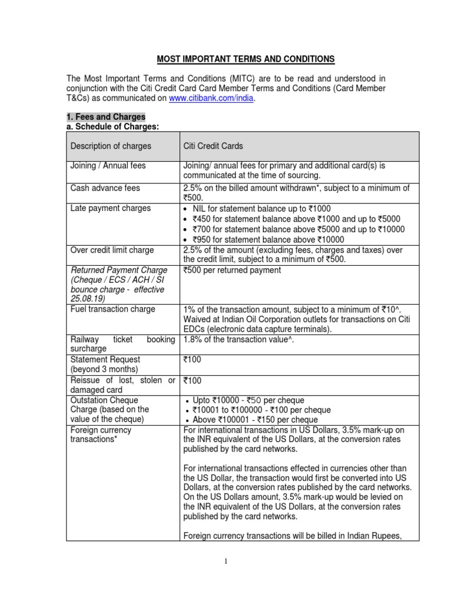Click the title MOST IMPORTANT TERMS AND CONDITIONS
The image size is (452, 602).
tap(245, 59)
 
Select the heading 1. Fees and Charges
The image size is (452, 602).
tap(105, 117)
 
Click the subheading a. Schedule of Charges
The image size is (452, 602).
tap(112, 126)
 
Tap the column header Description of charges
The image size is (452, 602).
tap(111, 146)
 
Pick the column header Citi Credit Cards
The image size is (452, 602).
tap(213, 146)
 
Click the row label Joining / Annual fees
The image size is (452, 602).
tap(108, 166)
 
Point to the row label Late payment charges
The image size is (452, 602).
tap(110, 208)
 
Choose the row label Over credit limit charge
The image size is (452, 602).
tap(112, 250)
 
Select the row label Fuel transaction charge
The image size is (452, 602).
tap(112, 309)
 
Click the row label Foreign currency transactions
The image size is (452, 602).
tap(101, 435)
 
